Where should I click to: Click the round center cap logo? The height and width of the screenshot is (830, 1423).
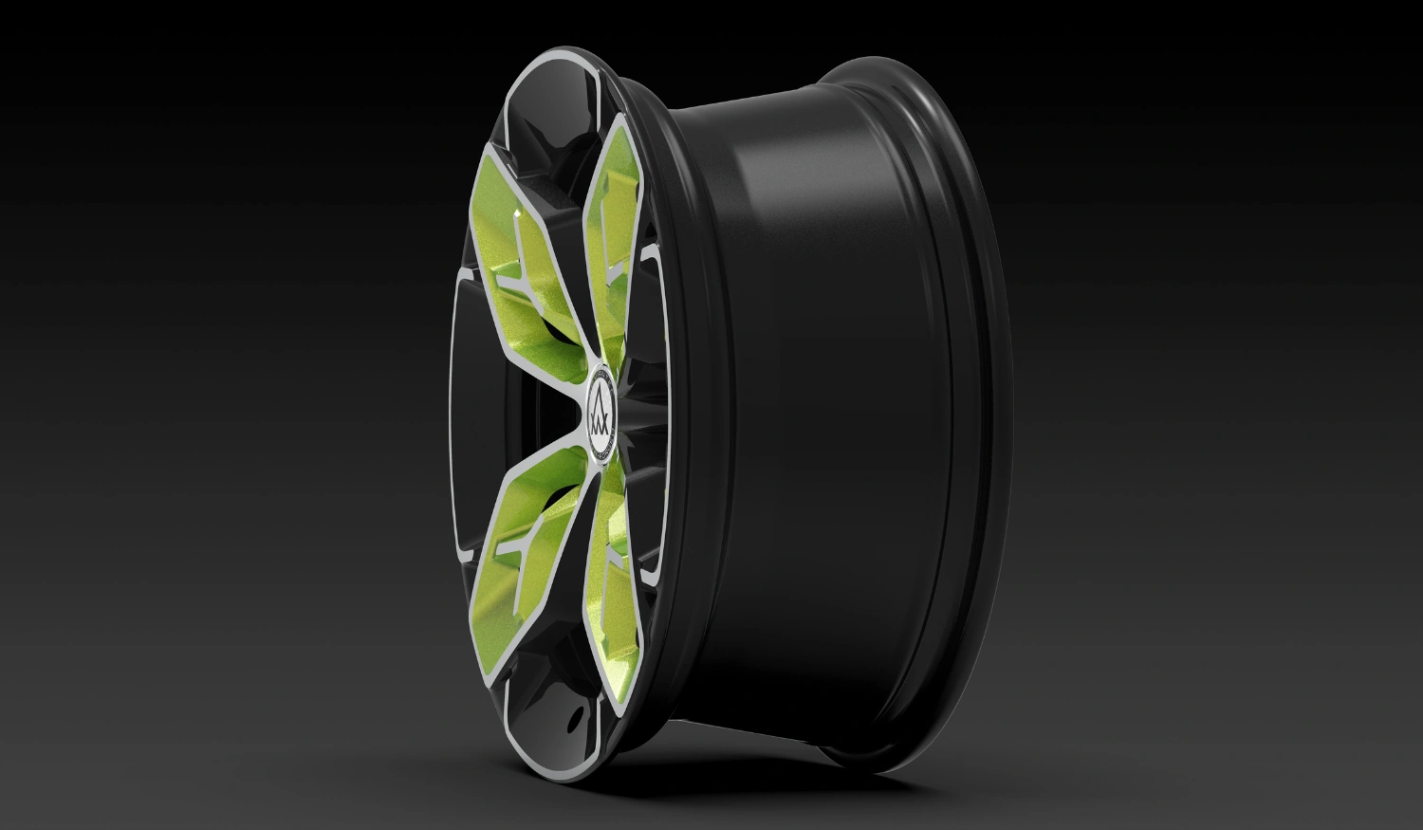click(604, 414)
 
